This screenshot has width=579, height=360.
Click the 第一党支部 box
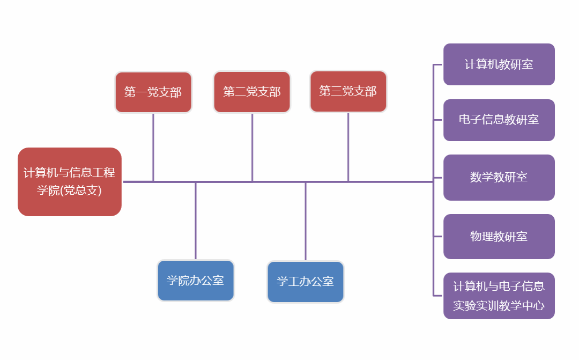click(153, 92)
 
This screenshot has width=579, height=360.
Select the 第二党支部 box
click(252, 92)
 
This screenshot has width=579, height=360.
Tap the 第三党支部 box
click(348, 91)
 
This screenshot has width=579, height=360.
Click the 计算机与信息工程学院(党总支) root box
click(70, 182)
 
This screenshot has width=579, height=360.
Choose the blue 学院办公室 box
click(196, 281)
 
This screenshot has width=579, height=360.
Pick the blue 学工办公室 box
click(306, 282)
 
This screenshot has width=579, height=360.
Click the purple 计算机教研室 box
click(499, 64)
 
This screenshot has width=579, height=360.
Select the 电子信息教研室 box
click(499, 120)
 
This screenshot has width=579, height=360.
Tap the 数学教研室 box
click(499, 178)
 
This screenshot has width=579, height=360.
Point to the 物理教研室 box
click(499, 237)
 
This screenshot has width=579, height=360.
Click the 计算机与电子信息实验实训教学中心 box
click(499, 296)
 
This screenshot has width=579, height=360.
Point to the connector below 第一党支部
click(153, 148)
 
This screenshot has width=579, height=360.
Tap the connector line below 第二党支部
click(252, 148)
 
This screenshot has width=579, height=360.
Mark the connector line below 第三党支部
click(348, 148)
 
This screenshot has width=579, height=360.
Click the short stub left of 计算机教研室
click(438, 65)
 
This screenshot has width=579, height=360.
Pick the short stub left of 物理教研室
click(438, 237)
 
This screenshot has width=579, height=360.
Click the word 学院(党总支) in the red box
click(69, 190)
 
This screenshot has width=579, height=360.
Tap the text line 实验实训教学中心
click(499, 306)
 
